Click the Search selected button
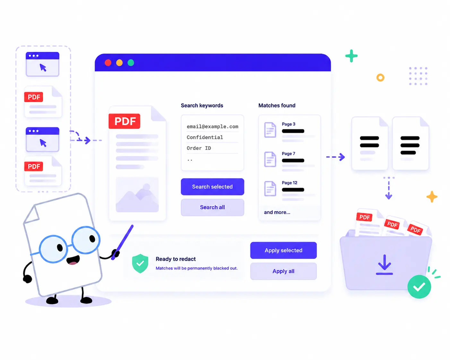click(x=212, y=186)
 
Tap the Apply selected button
click(x=283, y=250)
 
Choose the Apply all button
click(x=283, y=271)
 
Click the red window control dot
click(x=108, y=63)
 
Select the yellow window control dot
click(x=119, y=63)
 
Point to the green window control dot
click(x=131, y=63)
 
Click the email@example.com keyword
click(x=212, y=126)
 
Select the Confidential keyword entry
click(x=205, y=137)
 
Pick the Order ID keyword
click(x=199, y=148)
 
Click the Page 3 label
click(x=288, y=124)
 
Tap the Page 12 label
click(x=290, y=183)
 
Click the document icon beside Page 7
click(x=270, y=159)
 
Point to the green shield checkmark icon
click(x=140, y=263)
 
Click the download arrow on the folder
click(x=384, y=264)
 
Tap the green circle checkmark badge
click(x=419, y=287)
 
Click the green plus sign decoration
click(x=351, y=56)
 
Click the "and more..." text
click(x=277, y=212)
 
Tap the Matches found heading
click(x=277, y=105)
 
